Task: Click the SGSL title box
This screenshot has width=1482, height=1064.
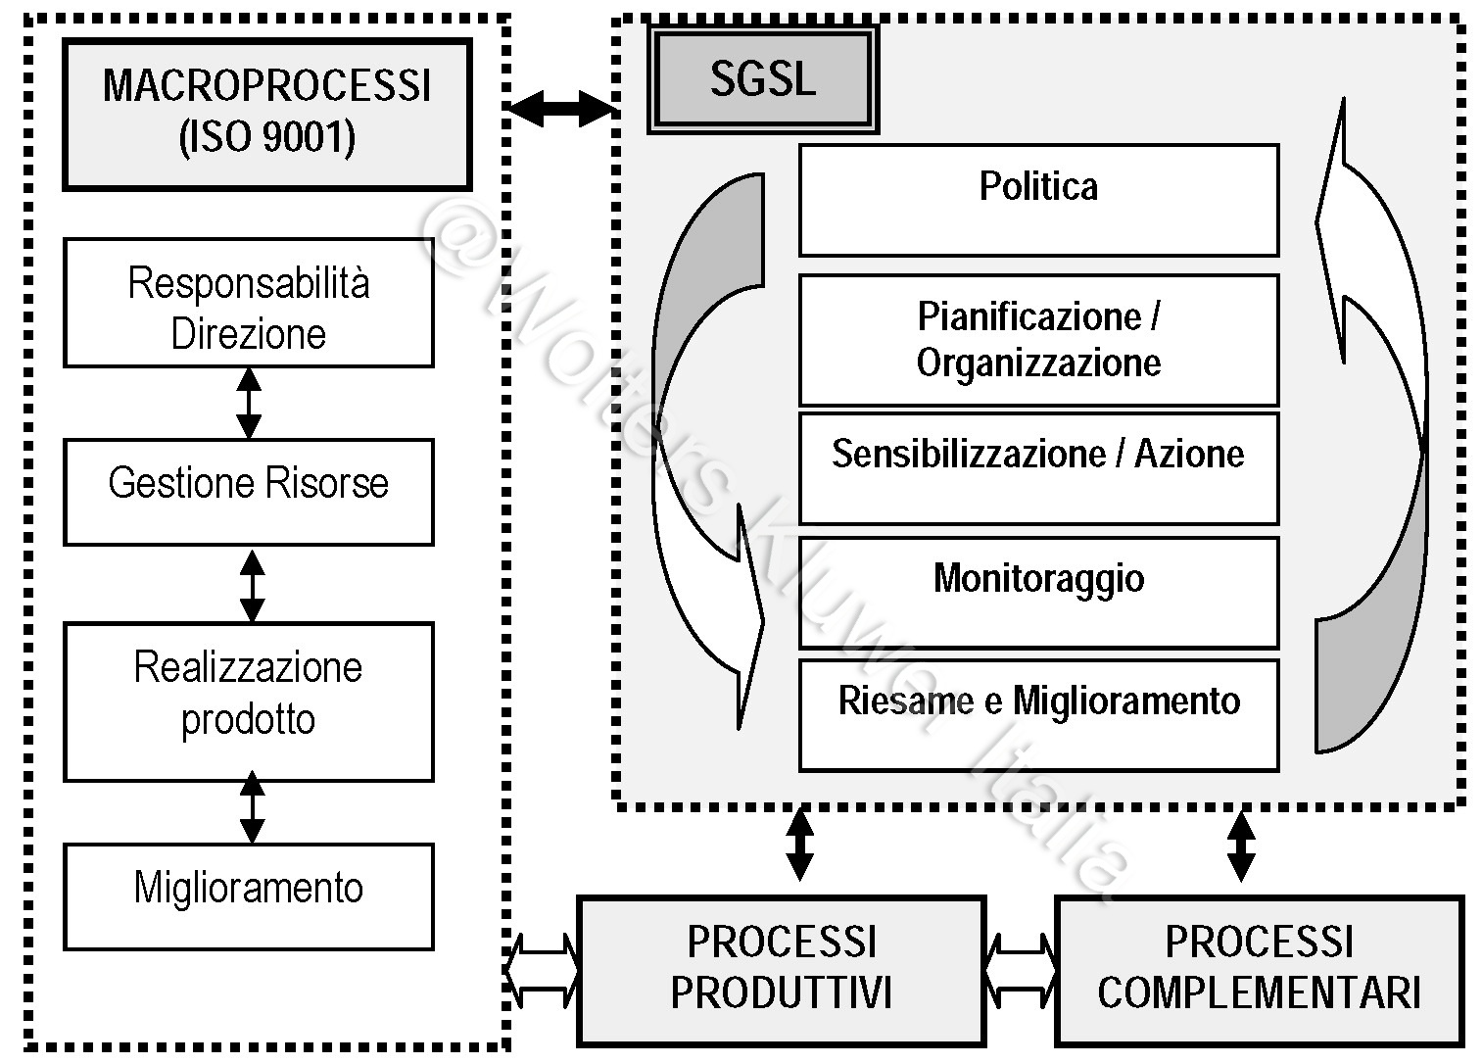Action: tap(762, 79)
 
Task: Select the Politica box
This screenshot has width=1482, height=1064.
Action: tap(1038, 200)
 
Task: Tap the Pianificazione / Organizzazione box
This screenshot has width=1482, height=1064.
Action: tap(1038, 340)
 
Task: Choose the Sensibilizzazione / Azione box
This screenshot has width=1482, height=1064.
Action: tap(1038, 468)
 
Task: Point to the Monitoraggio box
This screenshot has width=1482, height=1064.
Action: tap(1038, 592)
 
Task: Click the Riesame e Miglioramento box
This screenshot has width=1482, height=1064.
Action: tap(1038, 715)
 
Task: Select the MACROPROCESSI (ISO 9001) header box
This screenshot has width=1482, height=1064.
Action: tap(266, 114)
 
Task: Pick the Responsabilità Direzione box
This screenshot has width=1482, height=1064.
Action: tap(249, 303)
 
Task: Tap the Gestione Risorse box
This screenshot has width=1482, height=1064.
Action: tap(249, 492)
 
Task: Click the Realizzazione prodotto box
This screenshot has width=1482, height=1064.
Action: tap(249, 701)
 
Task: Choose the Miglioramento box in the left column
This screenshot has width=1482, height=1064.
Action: tap(249, 896)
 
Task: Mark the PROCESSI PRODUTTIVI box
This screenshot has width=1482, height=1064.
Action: tap(781, 970)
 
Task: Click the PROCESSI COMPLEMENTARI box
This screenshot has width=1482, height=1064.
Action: tap(1259, 970)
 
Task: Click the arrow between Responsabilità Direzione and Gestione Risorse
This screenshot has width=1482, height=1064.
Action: tap(249, 403)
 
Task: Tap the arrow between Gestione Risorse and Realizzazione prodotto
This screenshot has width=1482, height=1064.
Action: tap(252, 585)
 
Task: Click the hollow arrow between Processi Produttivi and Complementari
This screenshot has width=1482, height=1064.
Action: tap(1020, 970)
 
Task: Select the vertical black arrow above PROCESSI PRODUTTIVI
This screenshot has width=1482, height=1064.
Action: tap(799, 843)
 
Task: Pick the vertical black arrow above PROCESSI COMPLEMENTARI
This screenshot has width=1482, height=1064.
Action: tap(1241, 845)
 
